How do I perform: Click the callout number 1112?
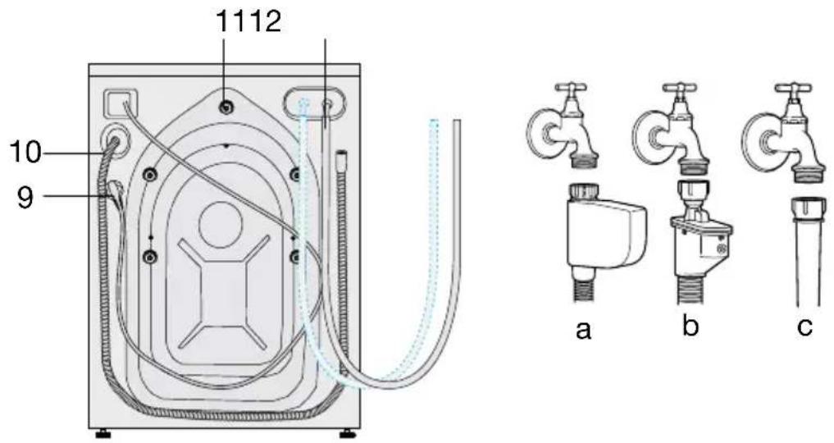[248, 22]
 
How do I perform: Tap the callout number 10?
[25, 153]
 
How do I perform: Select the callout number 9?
[25, 198]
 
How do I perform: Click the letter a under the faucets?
[584, 330]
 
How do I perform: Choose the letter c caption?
[804, 327]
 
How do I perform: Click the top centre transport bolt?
[226, 107]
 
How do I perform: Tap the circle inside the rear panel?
[221, 225]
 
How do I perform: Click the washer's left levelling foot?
[103, 434]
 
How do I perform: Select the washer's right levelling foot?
[349, 434]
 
